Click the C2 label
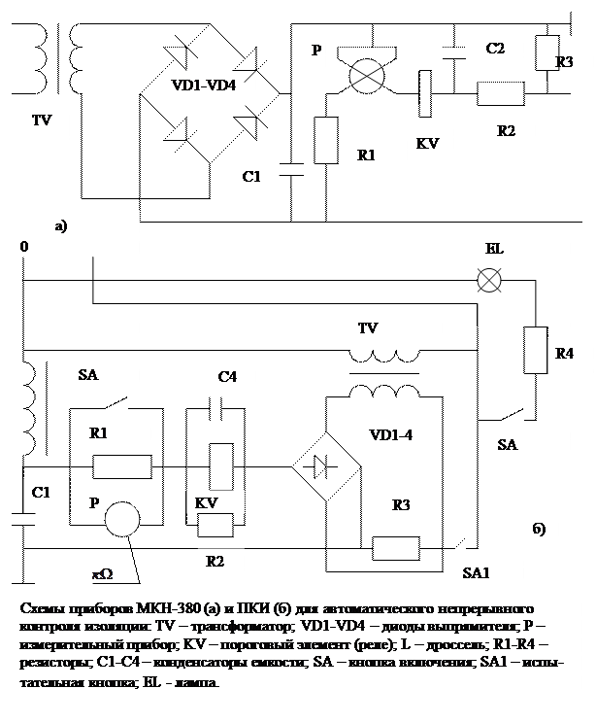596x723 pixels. coord(496,49)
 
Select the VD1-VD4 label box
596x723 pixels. coord(204,86)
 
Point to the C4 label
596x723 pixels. coord(227,377)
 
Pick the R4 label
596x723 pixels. coord(564,355)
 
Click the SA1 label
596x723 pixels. coord(476,572)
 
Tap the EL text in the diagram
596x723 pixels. coord(494,249)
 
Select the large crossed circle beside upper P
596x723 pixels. coord(367,77)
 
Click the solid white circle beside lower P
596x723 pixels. coord(122,520)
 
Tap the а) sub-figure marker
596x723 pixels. coord(61,227)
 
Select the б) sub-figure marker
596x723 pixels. coord(540,531)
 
